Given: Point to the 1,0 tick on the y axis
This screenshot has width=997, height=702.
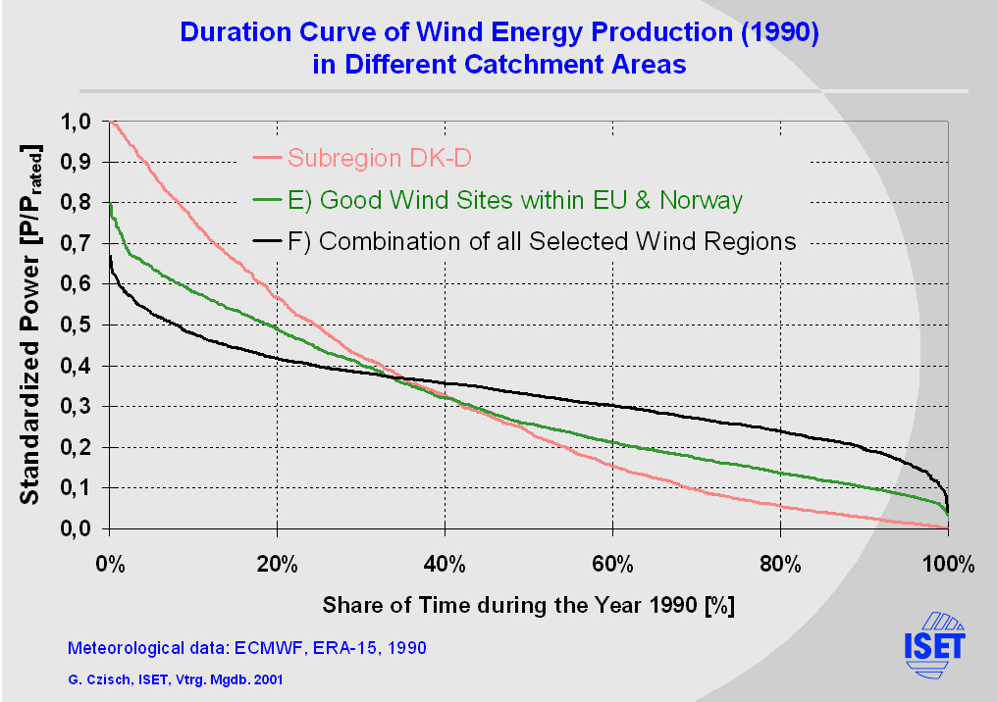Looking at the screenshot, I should point(78,122).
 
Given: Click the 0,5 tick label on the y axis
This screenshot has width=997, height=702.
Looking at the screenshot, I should point(78,326).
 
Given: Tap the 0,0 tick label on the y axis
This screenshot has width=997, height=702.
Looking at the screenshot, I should point(78,529).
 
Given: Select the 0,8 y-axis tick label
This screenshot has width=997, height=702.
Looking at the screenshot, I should point(78,203).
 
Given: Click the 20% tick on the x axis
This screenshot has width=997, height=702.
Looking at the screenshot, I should point(278,565).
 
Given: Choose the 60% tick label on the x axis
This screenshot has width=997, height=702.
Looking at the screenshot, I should point(612,565).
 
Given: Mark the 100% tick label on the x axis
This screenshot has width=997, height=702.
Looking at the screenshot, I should point(948,565).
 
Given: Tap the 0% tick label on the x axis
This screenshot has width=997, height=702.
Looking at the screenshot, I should point(110,565).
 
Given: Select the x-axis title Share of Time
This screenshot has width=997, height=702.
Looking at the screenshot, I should point(529,604).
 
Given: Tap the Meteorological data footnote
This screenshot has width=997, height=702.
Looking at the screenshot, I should point(246,648).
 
